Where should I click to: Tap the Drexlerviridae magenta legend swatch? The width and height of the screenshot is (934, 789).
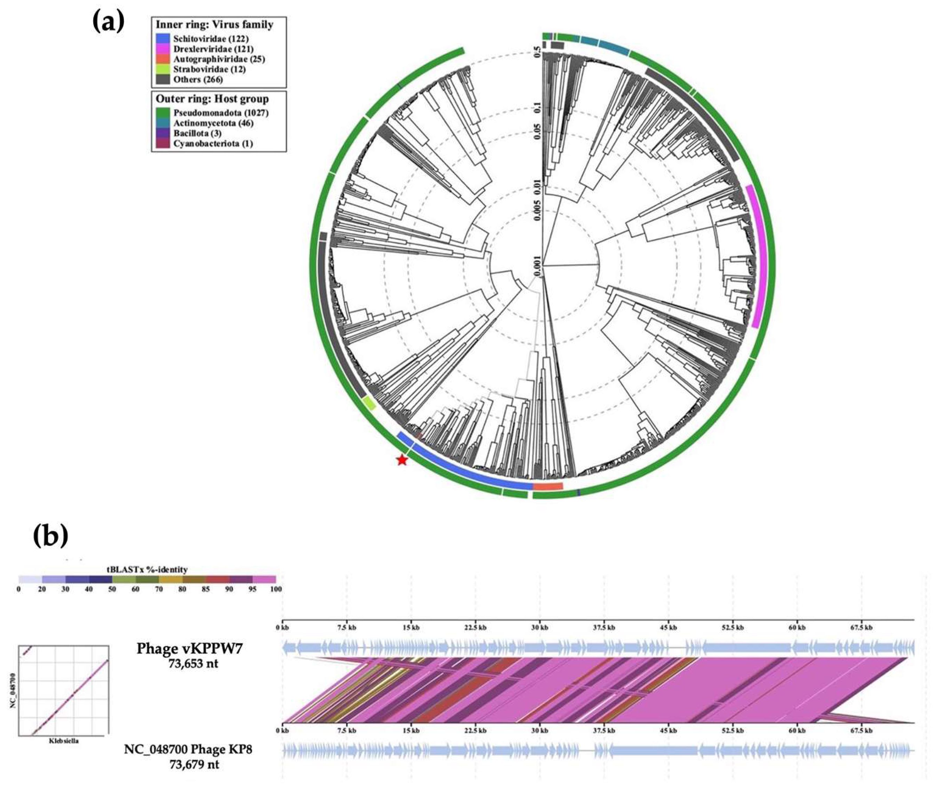pos(163,49)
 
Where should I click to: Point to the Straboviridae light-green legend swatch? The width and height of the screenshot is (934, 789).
pos(163,69)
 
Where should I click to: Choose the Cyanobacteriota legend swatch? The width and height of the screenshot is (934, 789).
pos(163,143)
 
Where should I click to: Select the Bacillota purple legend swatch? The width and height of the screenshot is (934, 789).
pos(163,133)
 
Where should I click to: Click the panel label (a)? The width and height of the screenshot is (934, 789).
pos(108,23)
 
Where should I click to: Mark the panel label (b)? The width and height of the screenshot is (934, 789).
pos(51,536)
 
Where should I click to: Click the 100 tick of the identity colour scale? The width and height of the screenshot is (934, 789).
pos(276,589)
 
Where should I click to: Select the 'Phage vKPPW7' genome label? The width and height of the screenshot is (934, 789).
pos(190,649)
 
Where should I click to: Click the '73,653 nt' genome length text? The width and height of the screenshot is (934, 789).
pos(190,663)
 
